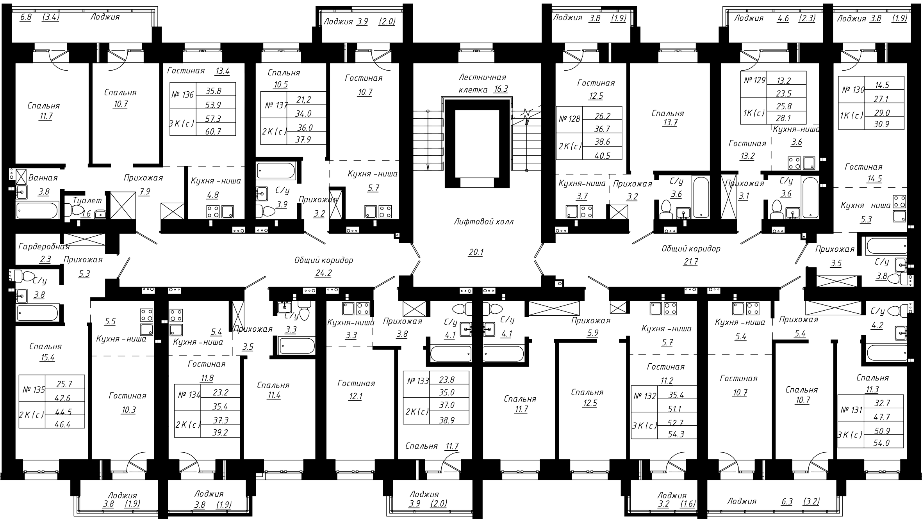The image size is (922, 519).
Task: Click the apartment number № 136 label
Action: (x=182, y=95)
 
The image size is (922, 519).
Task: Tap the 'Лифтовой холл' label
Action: (x=483, y=222)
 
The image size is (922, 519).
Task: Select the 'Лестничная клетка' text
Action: (x=482, y=83)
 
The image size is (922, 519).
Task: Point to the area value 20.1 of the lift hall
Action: (x=476, y=252)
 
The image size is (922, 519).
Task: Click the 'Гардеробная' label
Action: (x=44, y=247)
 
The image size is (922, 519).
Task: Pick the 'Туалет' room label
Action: (x=87, y=201)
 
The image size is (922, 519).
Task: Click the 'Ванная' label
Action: (x=43, y=178)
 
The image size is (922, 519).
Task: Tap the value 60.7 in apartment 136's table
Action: (x=213, y=132)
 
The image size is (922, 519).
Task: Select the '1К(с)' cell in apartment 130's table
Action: (x=851, y=116)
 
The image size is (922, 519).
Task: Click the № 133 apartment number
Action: (x=417, y=381)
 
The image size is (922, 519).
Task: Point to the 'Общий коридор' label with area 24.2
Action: (x=323, y=260)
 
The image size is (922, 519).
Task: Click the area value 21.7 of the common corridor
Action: (x=690, y=262)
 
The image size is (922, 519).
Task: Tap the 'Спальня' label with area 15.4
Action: (x=45, y=347)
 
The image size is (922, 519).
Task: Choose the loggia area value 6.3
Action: (x=787, y=501)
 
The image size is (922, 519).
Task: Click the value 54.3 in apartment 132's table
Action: (x=676, y=434)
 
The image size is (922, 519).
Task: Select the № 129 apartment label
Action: (x=754, y=80)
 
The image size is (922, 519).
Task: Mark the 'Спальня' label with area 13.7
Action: (x=667, y=114)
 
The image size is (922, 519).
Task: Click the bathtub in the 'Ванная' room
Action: (x=37, y=211)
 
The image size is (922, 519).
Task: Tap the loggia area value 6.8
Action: (x=25, y=17)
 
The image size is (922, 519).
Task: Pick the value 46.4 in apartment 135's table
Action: (x=62, y=425)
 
